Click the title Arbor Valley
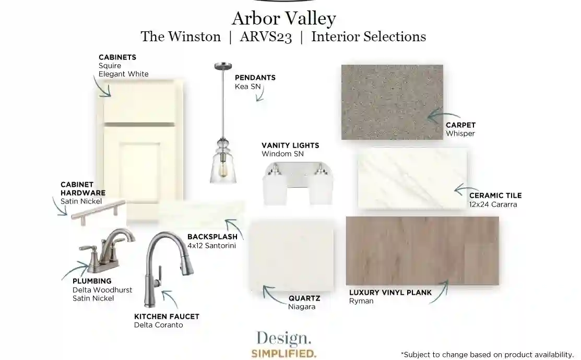point(284,18)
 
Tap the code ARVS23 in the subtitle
point(266,37)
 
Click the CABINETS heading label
point(117,57)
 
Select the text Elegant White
point(123,74)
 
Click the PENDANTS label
point(255,78)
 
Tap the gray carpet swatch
point(392,102)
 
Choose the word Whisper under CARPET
point(460,134)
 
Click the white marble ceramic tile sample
point(412,178)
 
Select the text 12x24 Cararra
point(493,205)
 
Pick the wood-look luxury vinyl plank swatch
point(422,251)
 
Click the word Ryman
point(361,301)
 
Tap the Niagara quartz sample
point(291,255)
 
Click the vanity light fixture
point(298,183)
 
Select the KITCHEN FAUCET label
point(167,317)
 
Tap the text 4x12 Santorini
point(211,246)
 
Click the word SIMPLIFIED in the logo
point(284,353)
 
